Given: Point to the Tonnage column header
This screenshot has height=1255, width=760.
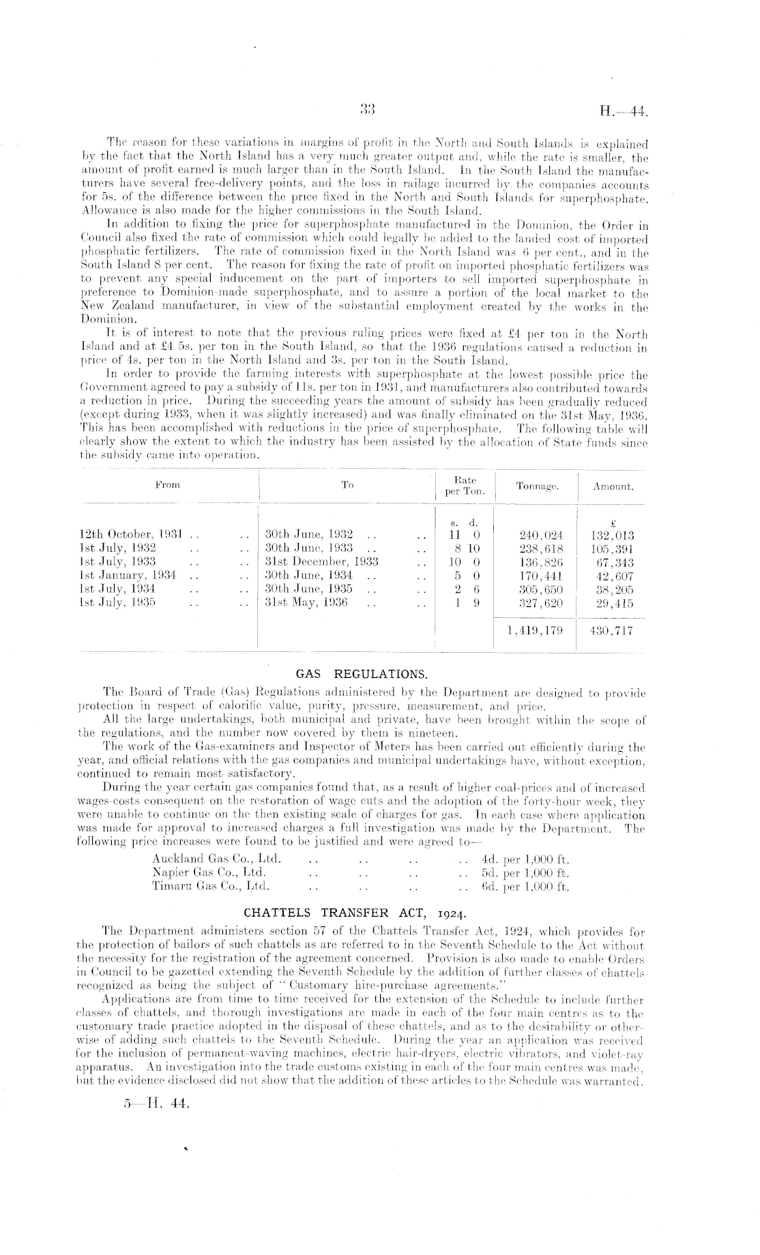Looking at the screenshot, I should pos(538,487).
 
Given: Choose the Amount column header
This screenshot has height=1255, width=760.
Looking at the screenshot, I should pos(613,487).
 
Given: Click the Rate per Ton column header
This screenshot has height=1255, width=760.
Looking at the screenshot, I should pos(465,486).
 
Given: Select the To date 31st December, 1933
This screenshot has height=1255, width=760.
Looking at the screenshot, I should pos(321,563).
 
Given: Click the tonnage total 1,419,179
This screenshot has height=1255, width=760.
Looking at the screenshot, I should pos(536,630).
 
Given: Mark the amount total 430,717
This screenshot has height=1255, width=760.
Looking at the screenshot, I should pos(611,630).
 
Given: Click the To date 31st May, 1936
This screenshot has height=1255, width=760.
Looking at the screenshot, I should pos(306,603).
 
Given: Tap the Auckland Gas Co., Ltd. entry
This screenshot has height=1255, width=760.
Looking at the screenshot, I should pos(216,859).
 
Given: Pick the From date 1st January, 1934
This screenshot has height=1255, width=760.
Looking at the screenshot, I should pos(128,576).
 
